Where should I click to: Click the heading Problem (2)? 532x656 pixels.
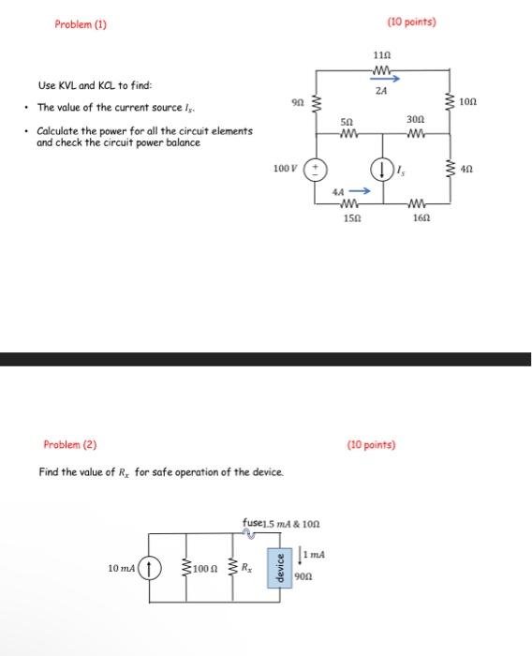69,444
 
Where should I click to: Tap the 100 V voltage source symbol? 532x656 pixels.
316,171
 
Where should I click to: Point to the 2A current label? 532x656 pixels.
380,91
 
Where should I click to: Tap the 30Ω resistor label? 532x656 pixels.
416,121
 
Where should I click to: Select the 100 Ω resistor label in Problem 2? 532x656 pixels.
208,568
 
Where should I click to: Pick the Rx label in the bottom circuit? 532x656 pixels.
246,567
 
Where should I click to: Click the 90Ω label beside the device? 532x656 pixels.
302,577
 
